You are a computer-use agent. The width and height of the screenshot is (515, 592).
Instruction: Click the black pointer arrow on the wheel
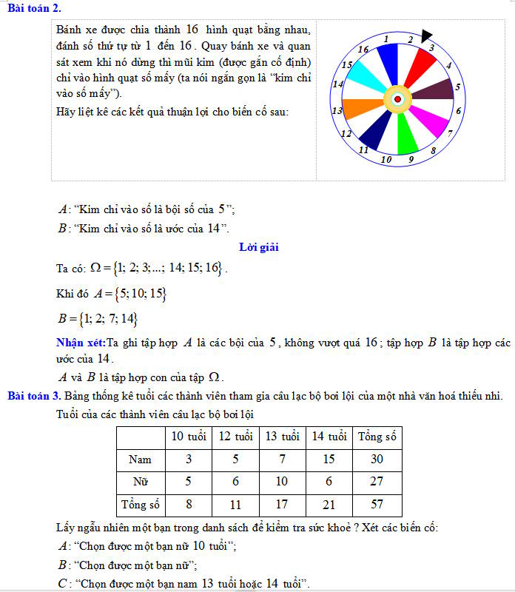426,36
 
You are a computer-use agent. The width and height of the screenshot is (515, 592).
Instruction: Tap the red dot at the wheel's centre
397,99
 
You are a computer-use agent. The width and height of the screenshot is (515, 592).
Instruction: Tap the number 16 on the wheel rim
363,49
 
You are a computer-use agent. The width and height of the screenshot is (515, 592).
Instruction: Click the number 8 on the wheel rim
434,150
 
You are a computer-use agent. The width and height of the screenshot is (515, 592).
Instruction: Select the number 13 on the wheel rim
337,112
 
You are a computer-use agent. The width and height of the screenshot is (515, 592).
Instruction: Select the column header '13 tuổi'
281,436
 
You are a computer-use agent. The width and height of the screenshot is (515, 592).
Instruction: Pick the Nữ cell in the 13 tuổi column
281,482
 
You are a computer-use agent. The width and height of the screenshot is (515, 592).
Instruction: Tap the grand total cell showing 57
377,505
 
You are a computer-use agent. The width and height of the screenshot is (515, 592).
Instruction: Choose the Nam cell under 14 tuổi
328,459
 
